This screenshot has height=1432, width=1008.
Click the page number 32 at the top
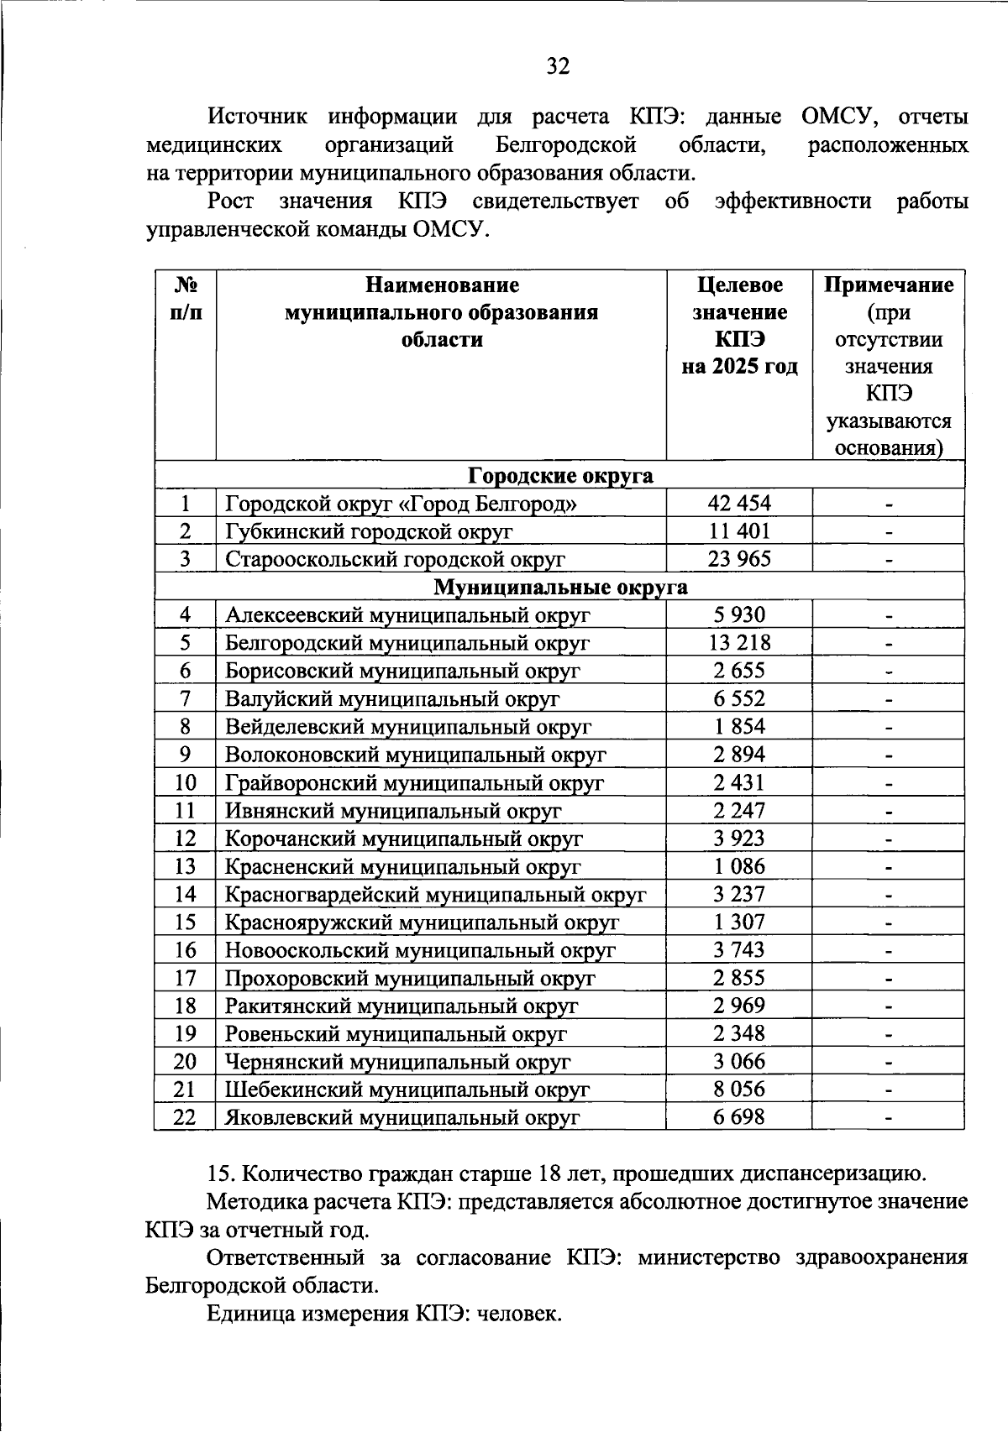558,66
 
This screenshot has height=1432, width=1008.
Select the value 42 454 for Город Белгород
739,504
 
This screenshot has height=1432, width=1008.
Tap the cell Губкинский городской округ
369,531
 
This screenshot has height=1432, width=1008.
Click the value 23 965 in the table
739,559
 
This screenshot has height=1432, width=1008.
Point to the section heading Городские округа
560,476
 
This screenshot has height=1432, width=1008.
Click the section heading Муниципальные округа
560,588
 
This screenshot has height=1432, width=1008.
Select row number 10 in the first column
185,783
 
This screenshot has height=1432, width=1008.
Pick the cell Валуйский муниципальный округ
391,699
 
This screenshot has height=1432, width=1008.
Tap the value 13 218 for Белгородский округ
739,643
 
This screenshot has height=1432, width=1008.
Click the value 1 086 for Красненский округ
739,866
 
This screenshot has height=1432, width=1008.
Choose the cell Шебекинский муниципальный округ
407,1090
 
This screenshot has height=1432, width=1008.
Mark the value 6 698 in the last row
739,1117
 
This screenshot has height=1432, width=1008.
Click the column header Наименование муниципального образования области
441,312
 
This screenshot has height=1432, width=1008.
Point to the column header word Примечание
888,285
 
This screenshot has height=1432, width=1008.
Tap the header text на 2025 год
739,367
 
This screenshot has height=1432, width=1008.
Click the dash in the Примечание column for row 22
888,1118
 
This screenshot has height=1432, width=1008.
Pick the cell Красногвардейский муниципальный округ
435,895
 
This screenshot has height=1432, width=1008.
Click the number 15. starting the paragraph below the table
220,1173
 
